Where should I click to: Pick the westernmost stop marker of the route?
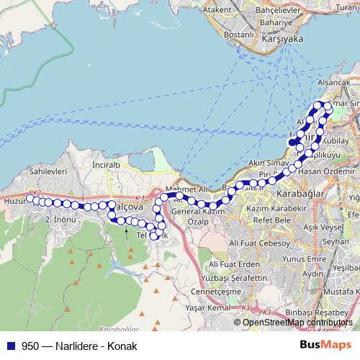click(x=30, y=198)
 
